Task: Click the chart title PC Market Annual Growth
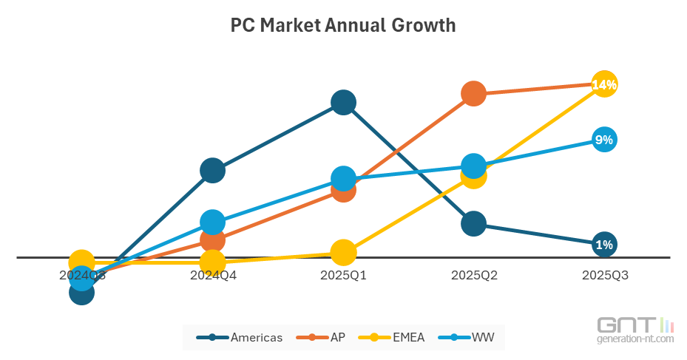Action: pyautogui.click(x=343, y=26)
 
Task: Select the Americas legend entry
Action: pyautogui.click(x=240, y=337)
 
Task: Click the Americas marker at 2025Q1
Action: pyautogui.click(x=343, y=103)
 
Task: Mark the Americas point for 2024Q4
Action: pyautogui.click(x=212, y=171)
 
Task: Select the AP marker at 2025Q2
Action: pyautogui.click(x=473, y=94)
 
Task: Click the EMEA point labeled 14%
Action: pyautogui.click(x=604, y=85)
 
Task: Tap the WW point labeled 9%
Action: pyautogui.click(x=604, y=140)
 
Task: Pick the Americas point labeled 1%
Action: pyautogui.click(x=604, y=245)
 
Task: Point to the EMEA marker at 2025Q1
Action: pyautogui.click(x=343, y=252)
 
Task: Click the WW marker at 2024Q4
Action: pyautogui.click(x=212, y=222)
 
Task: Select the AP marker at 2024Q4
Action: pyautogui.click(x=212, y=240)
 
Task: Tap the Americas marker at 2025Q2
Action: pyautogui.click(x=473, y=223)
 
